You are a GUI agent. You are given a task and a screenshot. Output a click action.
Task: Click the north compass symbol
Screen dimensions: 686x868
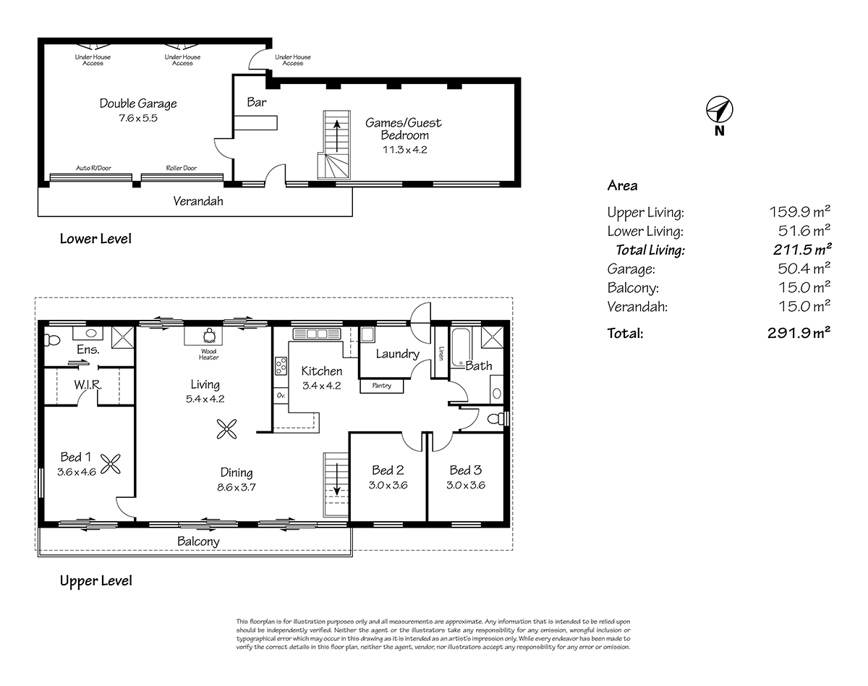[x=719, y=110]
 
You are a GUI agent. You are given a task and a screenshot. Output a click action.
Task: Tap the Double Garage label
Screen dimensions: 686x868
[x=138, y=103]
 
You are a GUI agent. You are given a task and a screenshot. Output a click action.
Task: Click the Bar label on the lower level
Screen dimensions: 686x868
[x=257, y=103]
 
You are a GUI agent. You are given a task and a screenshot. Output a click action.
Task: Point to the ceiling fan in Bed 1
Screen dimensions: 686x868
[x=111, y=464]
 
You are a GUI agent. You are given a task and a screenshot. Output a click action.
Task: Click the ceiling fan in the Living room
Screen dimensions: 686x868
[x=228, y=429]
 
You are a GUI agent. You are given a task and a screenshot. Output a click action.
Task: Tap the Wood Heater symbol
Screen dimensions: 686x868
[x=209, y=336]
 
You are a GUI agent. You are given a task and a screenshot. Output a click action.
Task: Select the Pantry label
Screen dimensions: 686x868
[x=381, y=386]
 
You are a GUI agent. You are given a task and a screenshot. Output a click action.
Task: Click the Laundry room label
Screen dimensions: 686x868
[x=398, y=354]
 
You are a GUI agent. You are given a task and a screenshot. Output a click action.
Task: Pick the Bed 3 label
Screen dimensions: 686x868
[x=465, y=470]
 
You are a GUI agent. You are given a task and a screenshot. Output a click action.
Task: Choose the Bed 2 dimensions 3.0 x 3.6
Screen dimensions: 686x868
[x=388, y=486]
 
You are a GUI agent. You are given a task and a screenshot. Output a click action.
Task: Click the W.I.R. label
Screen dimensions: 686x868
[x=88, y=384]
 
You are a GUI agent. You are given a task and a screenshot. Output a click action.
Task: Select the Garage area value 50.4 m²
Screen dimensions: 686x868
[x=799, y=269]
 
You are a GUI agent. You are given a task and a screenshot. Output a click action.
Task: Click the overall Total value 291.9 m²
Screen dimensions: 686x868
[x=799, y=334]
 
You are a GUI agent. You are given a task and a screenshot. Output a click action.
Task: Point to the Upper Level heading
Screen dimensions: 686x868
[x=95, y=580]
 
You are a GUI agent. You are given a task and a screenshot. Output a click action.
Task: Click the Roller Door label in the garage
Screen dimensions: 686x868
[x=181, y=168]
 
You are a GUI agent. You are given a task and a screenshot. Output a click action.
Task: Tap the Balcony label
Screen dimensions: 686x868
[x=198, y=541]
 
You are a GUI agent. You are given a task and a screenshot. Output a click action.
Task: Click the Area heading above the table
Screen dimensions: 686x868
[x=622, y=186]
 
